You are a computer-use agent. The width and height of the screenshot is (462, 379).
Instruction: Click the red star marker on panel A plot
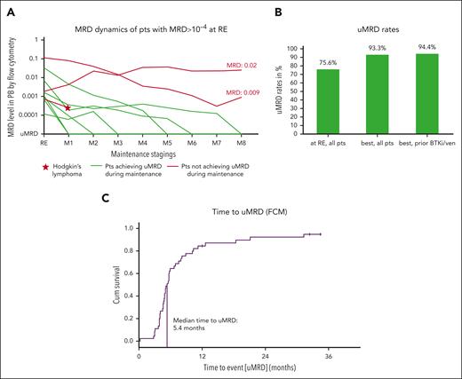click(x=68, y=107)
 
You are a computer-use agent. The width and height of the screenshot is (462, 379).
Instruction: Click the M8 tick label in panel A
click(x=242, y=141)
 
